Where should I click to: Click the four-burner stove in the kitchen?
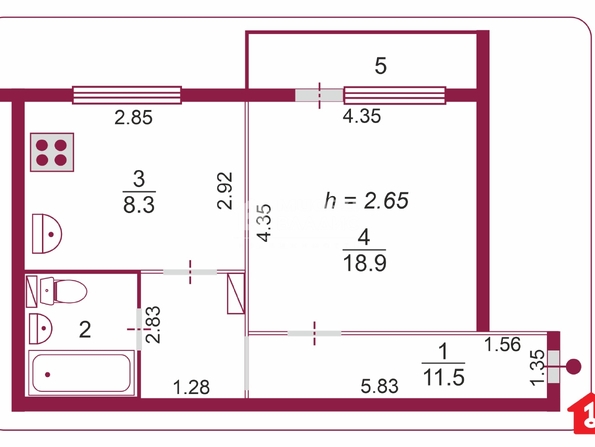click(x=52, y=152)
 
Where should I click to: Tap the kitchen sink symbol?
click(x=47, y=234)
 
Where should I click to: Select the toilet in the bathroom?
click(x=63, y=291)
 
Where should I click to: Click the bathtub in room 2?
click(x=82, y=373)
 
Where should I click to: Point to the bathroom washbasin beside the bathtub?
click(x=41, y=329)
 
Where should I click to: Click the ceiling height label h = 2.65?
click(x=366, y=200)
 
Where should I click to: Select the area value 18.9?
click(x=364, y=263)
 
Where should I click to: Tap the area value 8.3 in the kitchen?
click(x=139, y=205)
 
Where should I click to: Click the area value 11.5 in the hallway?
click(x=443, y=378)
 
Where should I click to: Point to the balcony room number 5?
click(x=381, y=66)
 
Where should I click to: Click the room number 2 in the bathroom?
click(x=85, y=329)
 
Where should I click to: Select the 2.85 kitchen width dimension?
click(x=134, y=118)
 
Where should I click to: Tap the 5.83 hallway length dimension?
click(x=379, y=386)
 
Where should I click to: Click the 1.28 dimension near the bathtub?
click(x=191, y=387)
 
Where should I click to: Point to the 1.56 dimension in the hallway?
click(x=503, y=345)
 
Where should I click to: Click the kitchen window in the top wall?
click(x=127, y=95)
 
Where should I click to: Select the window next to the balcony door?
click(x=395, y=95)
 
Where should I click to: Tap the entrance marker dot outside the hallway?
click(x=573, y=367)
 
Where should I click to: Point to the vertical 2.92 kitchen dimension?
click(x=225, y=190)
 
